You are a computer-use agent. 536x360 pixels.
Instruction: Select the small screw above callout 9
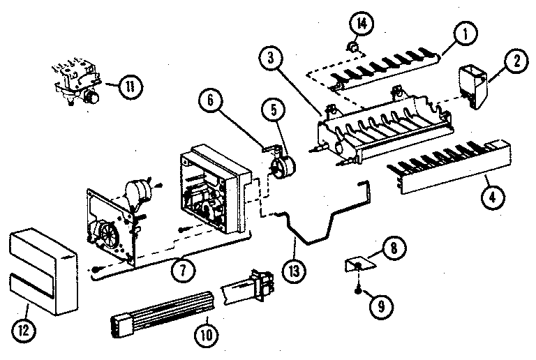click(359, 283)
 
